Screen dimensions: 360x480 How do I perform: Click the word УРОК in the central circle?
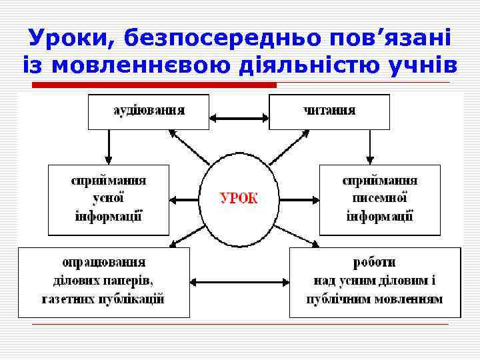tap(239, 199)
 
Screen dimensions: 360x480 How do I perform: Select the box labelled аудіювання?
tap(149, 111)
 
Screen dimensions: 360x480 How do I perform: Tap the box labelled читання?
tap(329, 111)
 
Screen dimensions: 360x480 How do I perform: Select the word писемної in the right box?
tap(380, 199)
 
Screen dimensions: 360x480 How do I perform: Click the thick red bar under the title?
tap(155, 85)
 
